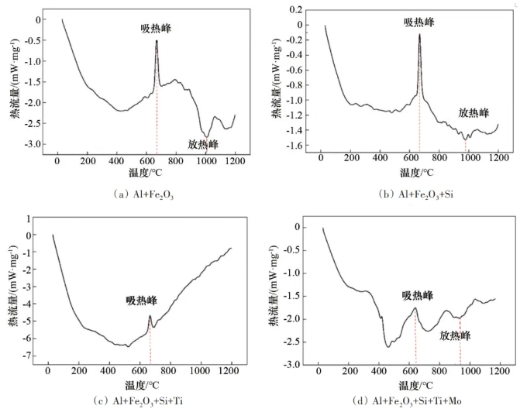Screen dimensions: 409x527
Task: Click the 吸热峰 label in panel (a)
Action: (156, 29)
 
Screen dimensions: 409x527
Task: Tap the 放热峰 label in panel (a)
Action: (204, 143)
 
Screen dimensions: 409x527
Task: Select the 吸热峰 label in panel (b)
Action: (418, 22)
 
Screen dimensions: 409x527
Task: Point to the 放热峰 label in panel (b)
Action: (473, 112)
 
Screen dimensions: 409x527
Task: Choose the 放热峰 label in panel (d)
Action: (455, 336)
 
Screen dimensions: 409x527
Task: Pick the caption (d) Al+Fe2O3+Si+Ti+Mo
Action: (411, 400)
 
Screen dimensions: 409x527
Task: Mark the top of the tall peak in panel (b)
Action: (419, 34)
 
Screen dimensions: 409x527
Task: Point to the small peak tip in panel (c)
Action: (150, 315)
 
